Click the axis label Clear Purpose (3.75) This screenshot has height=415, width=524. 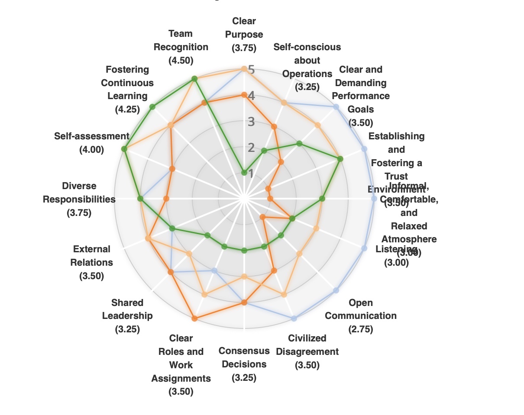pos(244,34)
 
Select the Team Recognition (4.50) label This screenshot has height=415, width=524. pos(181,47)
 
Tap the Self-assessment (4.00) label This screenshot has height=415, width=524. pos(91,143)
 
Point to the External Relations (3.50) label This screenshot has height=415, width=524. pos(91,262)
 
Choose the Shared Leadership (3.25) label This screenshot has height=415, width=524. pos(127,316)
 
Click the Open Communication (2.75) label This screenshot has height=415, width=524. pos(361,316)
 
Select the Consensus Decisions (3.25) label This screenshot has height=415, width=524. pos(244,364)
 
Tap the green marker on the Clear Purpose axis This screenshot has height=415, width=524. pos(244,173)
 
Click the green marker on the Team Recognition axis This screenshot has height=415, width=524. pos(194,78)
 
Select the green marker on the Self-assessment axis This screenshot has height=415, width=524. pos(124,149)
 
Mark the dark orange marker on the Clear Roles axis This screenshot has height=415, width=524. pos(194,319)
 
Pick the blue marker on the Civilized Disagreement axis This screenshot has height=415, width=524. pos(294,318)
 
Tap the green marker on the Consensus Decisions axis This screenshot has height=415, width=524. pos(244,250)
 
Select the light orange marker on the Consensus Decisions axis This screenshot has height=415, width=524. pos(244,277)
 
